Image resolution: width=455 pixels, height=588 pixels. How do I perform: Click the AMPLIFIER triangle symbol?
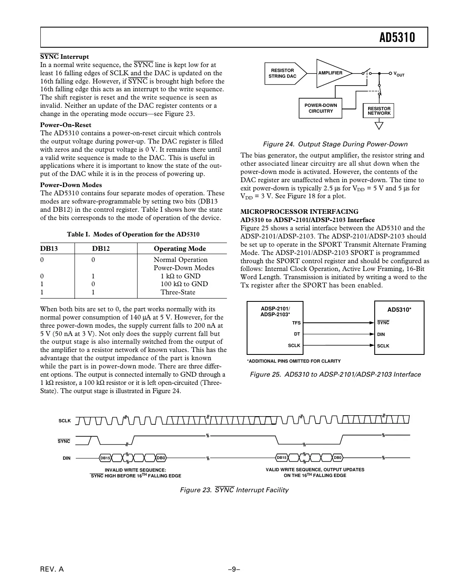pos(331,73)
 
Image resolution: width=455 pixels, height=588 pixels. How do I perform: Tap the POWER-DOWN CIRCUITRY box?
pos(320,108)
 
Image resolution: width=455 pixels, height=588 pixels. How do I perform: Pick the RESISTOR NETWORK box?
pos(378,111)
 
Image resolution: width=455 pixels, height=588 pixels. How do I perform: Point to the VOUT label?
pos(399,74)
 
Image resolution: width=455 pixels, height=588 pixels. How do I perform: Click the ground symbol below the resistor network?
pos(379,125)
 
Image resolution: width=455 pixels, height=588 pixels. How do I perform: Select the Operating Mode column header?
pos(180,248)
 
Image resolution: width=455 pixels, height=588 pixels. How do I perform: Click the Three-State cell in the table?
pos(178,292)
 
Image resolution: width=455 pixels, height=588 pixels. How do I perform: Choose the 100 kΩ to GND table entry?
pos(184,284)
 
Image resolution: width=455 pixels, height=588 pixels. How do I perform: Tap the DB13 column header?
pos(49,248)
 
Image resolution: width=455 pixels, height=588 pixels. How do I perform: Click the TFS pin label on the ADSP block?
pos(296,323)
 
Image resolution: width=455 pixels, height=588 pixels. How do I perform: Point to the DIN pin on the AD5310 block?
pos(381,334)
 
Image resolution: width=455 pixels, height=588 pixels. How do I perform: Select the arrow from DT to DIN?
pos(338,334)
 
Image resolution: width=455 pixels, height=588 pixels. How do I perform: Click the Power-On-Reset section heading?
pos(65,125)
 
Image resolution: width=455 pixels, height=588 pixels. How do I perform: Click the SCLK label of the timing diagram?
pos(65,421)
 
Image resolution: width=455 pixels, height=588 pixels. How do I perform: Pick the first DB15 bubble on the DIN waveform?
pos(105,458)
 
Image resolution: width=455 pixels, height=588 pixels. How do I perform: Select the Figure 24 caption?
pos(335,144)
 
